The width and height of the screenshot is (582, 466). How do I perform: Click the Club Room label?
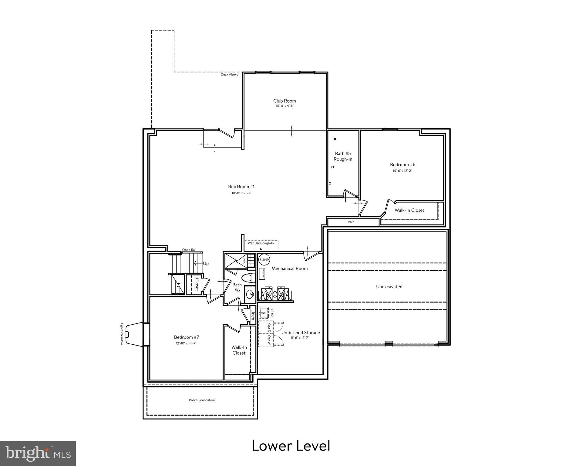pos(284,101)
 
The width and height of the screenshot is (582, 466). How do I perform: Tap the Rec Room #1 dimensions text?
pos(241,193)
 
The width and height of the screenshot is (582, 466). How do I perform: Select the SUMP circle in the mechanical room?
pos(264,260)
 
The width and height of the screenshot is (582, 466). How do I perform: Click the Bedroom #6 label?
pos(402,164)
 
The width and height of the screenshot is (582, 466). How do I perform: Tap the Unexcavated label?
pos(389,286)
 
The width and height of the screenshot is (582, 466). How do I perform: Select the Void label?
pos(351,222)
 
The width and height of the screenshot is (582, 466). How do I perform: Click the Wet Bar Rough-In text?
pos(261,243)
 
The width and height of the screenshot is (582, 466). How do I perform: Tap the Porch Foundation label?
pos(202,400)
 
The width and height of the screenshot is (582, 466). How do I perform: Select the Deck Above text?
pos(229,74)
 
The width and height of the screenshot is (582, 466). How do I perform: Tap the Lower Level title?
pos(291,445)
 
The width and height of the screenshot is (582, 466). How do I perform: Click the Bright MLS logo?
pos(38,453)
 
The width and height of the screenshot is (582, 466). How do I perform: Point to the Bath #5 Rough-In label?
pos(343,156)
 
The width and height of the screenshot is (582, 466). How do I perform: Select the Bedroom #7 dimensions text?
pos(186,343)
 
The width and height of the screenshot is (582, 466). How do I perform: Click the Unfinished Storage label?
pos(300,333)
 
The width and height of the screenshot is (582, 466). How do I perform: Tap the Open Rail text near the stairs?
pos(189,250)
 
